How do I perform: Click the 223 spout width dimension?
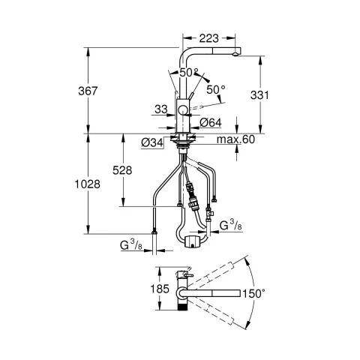tap(209, 38)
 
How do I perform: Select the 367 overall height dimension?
tap(88, 91)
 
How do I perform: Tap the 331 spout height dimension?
tap(259, 95)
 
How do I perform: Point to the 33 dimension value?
tap(161, 109)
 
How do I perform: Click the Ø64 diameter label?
tap(211, 123)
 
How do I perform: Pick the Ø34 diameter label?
tap(152, 142)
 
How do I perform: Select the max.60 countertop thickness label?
tap(235, 139)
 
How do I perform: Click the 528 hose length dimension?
tap(122, 170)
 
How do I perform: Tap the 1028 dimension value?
tap(88, 184)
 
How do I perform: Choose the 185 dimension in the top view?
tap(160, 289)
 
